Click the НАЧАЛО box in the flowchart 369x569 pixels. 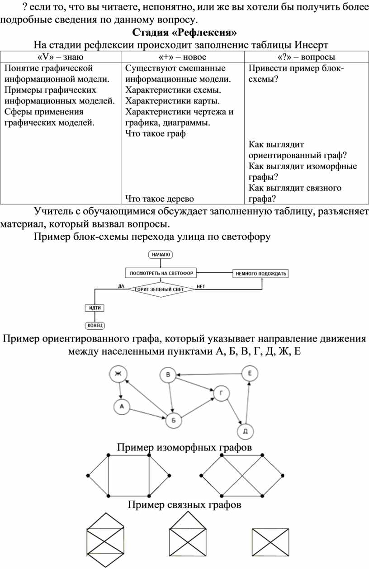[x=161, y=255]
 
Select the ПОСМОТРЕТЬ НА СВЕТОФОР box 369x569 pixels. [x=161, y=273]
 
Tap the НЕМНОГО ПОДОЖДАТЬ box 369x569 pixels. [x=261, y=274]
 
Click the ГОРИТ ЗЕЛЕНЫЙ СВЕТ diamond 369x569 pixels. [x=161, y=289]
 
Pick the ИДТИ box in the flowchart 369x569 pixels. [x=95, y=308]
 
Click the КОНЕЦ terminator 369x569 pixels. [x=95, y=325]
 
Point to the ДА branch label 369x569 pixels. [x=121, y=286]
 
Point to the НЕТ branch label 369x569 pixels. [x=201, y=286]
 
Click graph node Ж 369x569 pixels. [x=118, y=374]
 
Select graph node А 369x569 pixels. [x=122, y=407]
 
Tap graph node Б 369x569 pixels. [x=174, y=420]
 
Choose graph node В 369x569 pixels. [x=168, y=375]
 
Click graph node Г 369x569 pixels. [x=222, y=394]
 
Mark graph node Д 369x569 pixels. [x=246, y=431]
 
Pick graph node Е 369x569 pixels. [x=250, y=374]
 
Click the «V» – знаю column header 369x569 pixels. [x=61, y=57]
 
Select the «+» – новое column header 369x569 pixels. [x=182, y=57]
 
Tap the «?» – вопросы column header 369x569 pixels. [x=307, y=57]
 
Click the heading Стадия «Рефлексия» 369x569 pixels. [x=184, y=33]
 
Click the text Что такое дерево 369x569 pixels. [x=160, y=199]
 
